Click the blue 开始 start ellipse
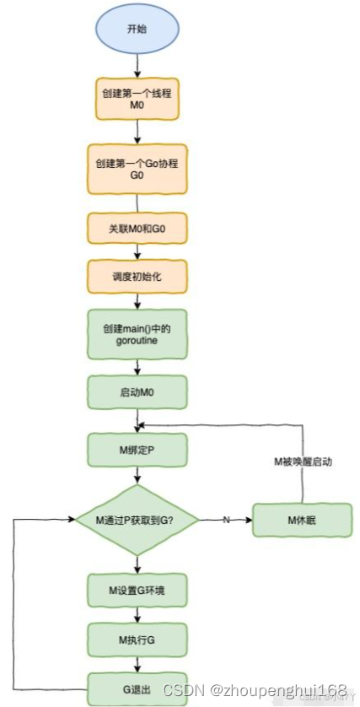click(137, 29)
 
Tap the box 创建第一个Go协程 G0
click(137, 169)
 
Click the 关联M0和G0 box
click(137, 228)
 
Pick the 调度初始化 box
click(137, 276)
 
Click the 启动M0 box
click(137, 392)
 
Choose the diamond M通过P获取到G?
click(137, 520)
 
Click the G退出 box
click(137, 688)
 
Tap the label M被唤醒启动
click(302, 462)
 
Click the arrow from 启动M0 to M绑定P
click(137, 420)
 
